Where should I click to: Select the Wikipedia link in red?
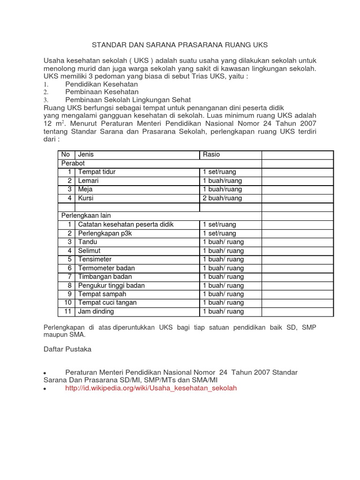tap(151, 388)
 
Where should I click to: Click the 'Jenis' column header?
tap(86, 155)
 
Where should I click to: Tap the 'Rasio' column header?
tap(211, 155)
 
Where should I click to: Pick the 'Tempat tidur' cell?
tap(97, 172)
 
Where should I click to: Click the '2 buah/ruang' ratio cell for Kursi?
tap(222, 198)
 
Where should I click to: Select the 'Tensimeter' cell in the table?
tap(95, 259)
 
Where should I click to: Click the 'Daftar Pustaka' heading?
tap(67, 349)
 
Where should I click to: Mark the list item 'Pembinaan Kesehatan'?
tap(102, 92)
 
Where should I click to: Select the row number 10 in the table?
tap(67, 303)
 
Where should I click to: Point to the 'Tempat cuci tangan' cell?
tap(107, 303)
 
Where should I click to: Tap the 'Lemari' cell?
tap(89, 180)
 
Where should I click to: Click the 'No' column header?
tap(66, 155)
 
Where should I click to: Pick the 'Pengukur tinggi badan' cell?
tap(111, 285)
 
